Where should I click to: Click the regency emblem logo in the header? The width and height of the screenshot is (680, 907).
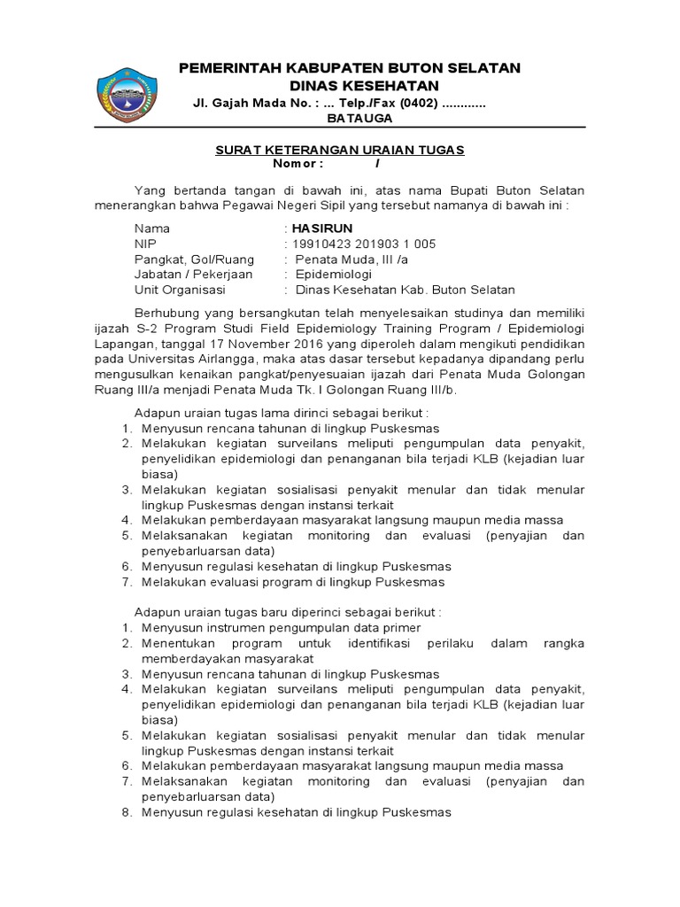pyautogui.click(x=126, y=93)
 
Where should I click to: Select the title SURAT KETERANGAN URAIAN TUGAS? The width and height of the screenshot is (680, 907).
pyautogui.click(x=340, y=150)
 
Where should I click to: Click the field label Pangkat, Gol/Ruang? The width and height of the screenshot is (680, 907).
pyautogui.click(x=194, y=260)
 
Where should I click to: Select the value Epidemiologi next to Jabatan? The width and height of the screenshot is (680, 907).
pyautogui.click(x=334, y=275)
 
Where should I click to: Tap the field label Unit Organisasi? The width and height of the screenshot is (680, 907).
pyautogui.click(x=180, y=290)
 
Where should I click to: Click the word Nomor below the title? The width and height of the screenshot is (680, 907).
pyautogui.click(x=297, y=164)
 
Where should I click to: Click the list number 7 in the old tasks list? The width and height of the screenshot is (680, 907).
pyautogui.click(x=127, y=582)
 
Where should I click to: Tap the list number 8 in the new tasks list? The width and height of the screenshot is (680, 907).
pyautogui.click(x=127, y=812)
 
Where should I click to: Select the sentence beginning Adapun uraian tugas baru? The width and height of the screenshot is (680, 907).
pyautogui.click(x=287, y=612)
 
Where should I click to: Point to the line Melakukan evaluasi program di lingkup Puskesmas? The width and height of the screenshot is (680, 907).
pyautogui.click(x=293, y=582)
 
